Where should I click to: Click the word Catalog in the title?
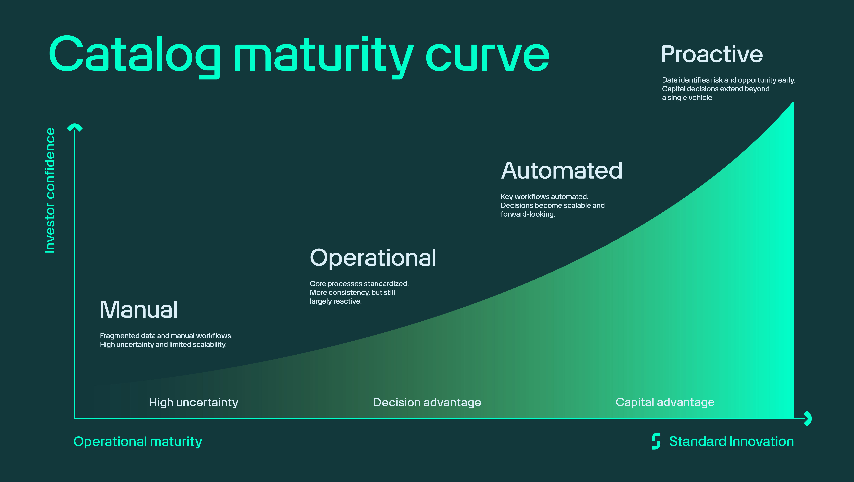tap(134, 55)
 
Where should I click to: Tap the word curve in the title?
tap(487, 55)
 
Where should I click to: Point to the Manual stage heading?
tap(139, 309)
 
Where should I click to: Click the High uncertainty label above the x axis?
tap(194, 402)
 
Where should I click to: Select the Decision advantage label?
tap(427, 402)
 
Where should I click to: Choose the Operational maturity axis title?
tap(138, 442)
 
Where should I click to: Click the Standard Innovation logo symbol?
tap(656, 441)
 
